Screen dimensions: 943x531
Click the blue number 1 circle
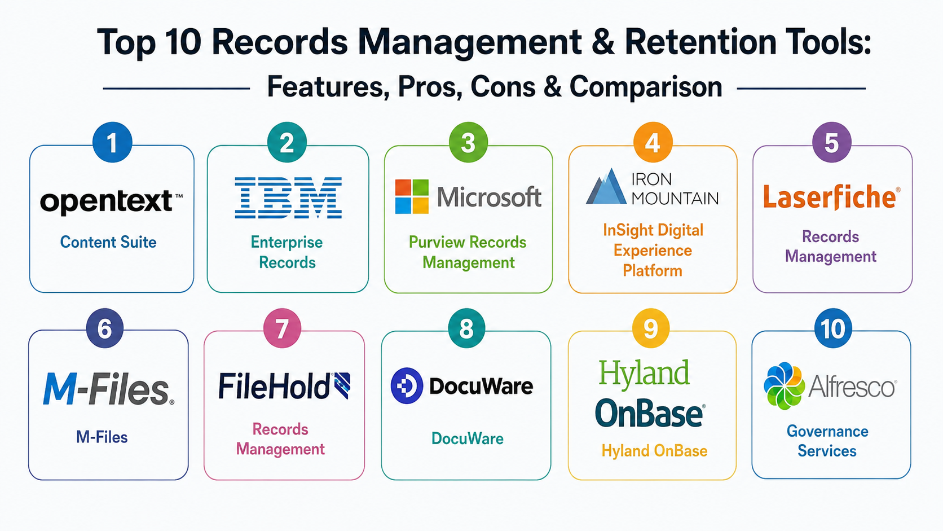pyautogui.click(x=112, y=142)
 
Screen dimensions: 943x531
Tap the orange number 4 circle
pyautogui.click(x=653, y=142)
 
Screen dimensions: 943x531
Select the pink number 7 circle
pyautogui.click(x=282, y=328)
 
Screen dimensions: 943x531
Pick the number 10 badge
pyautogui.click(x=832, y=328)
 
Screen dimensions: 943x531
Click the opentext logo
pyautogui.click(x=111, y=202)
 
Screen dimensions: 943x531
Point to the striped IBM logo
pyautogui.click(x=288, y=198)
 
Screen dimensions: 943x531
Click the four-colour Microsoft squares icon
pyautogui.click(x=412, y=196)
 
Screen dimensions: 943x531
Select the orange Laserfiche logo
pyautogui.click(x=831, y=198)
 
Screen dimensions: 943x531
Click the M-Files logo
pyautogui.click(x=108, y=389)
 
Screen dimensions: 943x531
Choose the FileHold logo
pyautogui.click(x=284, y=386)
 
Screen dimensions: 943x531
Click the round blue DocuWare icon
pyautogui.click(x=407, y=386)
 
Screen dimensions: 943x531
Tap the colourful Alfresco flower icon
pyautogui.click(x=784, y=386)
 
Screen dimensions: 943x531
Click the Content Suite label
pyautogui.click(x=108, y=242)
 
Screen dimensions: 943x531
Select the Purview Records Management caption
pyautogui.click(x=468, y=252)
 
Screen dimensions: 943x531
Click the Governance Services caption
pyautogui.click(x=827, y=441)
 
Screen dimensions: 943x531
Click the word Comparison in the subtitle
pyautogui.click(x=646, y=87)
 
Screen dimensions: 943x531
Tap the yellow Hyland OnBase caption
pyautogui.click(x=654, y=451)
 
